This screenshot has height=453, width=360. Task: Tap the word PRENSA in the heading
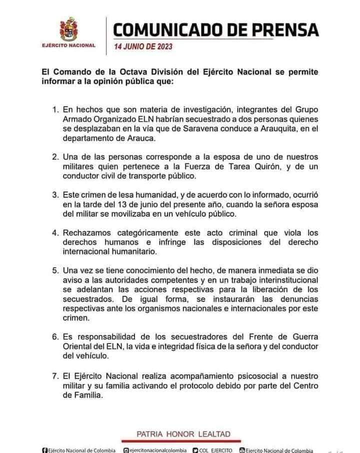pos(286,30)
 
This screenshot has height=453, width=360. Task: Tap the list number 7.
pos(55,376)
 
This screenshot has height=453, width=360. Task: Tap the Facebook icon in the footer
pos(44,450)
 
